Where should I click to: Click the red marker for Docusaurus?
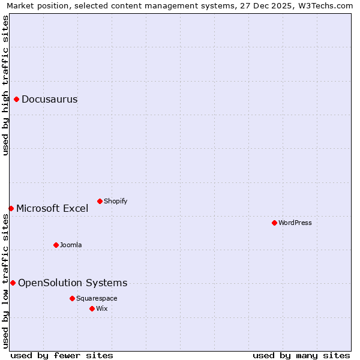click(17, 100)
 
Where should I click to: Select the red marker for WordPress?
click(274, 223)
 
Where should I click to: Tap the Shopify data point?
click(100, 201)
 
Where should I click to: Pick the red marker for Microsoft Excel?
click(11, 208)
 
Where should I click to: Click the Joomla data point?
click(56, 245)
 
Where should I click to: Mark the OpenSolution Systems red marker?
click(13, 283)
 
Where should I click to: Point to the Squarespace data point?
click(72, 298)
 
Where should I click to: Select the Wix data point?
click(92, 308)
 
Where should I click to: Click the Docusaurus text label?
click(49, 100)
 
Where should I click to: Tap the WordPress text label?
click(295, 223)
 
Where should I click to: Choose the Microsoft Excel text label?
click(52, 209)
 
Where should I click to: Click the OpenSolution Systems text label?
click(73, 283)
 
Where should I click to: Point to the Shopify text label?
click(115, 201)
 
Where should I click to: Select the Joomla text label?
click(71, 245)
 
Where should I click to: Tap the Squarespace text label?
click(97, 298)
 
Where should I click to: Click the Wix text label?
click(101, 308)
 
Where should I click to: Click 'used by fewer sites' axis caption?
click(62, 355)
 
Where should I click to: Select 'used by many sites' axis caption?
click(301, 355)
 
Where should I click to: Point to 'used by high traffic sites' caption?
click(5, 85)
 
